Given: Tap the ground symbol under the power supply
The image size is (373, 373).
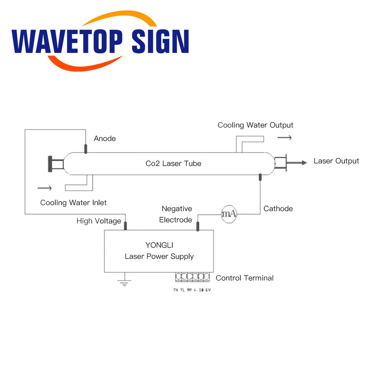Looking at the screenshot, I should click(124, 281).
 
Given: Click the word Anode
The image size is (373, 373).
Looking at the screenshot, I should click(105, 138).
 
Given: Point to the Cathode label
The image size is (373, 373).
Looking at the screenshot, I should click(278, 209).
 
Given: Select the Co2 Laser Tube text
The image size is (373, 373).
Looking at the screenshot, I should click(173, 163).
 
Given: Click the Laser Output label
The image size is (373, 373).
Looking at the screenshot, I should click(336, 161).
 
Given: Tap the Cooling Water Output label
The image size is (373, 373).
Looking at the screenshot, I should click(256, 125).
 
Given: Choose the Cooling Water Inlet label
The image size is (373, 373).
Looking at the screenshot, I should click(73, 203).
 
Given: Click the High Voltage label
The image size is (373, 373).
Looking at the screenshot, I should click(99, 221).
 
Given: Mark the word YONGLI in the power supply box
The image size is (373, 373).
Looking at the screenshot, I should click(159, 245).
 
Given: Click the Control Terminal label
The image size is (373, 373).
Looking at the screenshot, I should click(245, 278).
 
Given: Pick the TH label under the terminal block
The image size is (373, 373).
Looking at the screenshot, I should click(175, 290).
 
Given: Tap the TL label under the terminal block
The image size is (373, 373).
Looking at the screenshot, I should click(182, 290).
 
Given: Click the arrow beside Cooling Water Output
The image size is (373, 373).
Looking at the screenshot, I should click(285, 138).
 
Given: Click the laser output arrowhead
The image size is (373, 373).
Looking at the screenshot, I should click(304, 163).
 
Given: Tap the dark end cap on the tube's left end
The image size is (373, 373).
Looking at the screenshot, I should click(50, 163).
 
